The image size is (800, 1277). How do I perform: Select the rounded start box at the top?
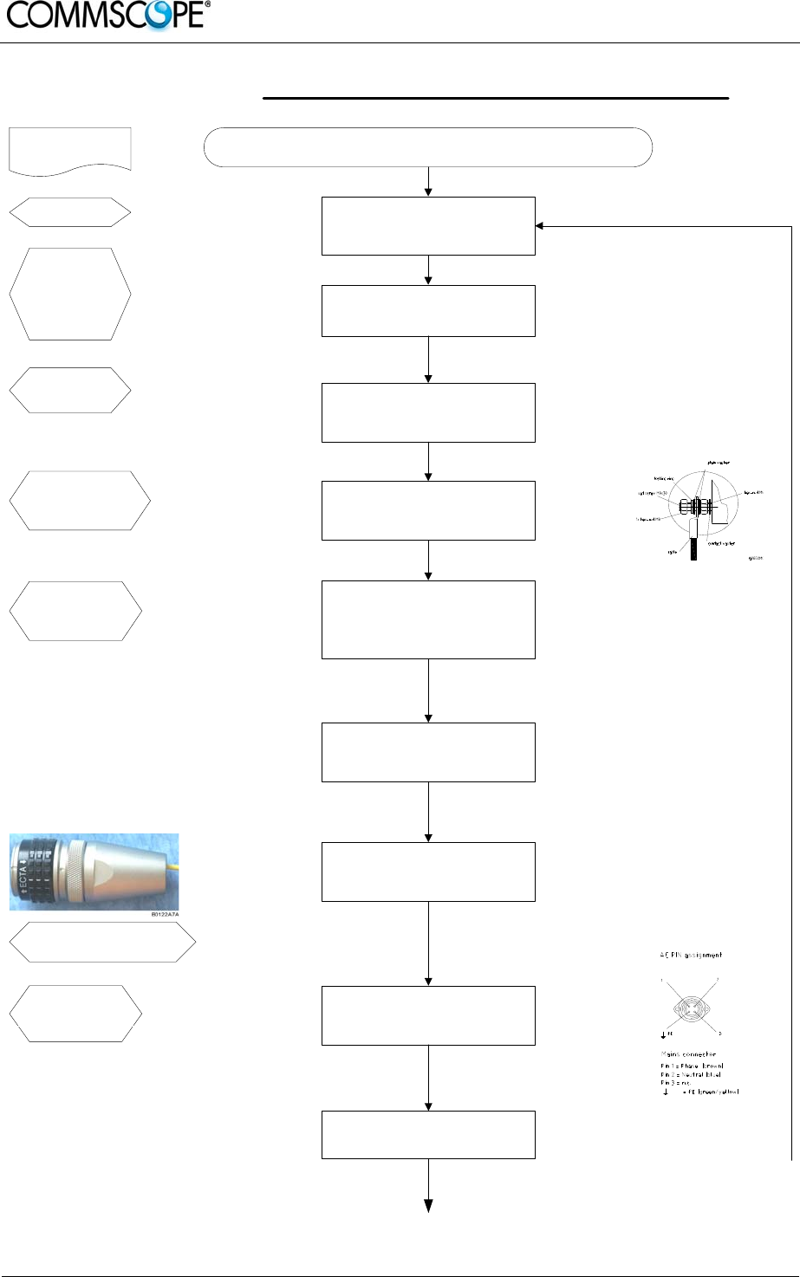pyautogui.click(x=427, y=146)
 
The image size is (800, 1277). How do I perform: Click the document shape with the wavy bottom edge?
pyautogui.click(x=69, y=149)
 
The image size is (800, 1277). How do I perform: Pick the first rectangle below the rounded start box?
pyautogui.click(x=428, y=226)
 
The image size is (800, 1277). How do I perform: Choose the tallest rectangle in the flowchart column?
pyautogui.click(x=428, y=619)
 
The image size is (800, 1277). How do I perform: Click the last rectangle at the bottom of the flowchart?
pyautogui.click(x=428, y=1134)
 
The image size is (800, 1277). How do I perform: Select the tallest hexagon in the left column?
pyautogui.click(x=69, y=295)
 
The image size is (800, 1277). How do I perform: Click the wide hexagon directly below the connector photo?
pyautogui.click(x=102, y=942)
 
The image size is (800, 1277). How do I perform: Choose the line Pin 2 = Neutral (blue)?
pyautogui.click(x=692, y=1074)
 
